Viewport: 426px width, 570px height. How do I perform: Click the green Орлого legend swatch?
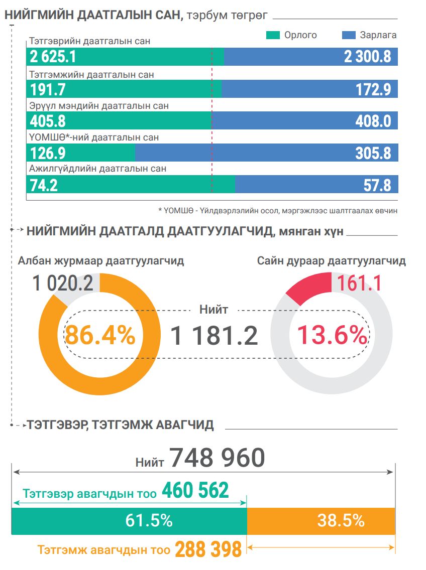pyautogui.click(x=273, y=35)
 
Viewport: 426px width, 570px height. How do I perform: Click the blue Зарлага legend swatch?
pyautogui.click(x=349, y=35)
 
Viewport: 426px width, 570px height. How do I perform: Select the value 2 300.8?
pyautogui.click(x=367, y=57)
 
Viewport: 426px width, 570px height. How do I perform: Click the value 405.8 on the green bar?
pyautogui.click(x=48, y=121)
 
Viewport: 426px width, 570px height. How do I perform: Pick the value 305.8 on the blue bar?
pyautogui.click(x=373, y=153)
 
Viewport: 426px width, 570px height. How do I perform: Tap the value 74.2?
pyautogui.click(x=44, y=185)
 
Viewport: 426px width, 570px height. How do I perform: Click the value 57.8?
pyautogui.click(x=377, y=185)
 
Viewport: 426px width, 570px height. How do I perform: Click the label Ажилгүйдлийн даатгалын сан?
pyautogui.click(x=97, y=169)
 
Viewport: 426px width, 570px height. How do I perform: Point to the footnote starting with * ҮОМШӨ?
pyautogui.click(x=278, y=211)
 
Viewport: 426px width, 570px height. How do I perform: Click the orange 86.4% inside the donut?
pyautogui.click(x=100, y=335)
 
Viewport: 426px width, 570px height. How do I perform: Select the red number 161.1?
pyautogui.click(x=359, y=283)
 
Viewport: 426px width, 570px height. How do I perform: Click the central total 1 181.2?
pyautogui.click(x=214, y=335)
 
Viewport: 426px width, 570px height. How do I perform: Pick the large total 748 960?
pyautogui.click(x=217, y=458)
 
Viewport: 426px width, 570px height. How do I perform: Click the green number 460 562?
pyautogui.click(x=195, y=490)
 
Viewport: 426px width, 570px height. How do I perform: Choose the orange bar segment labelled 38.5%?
pyautogui.click(x=322, y=521)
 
